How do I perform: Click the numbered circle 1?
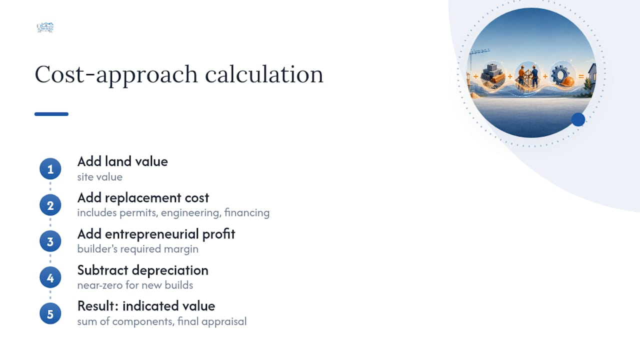pos(50,169)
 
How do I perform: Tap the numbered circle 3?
pos(50,241)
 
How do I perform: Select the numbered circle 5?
pos(50,313)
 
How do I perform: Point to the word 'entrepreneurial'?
pos(151,234)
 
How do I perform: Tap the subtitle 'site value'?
pos(99,177)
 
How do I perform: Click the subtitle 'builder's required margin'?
pos(137,249)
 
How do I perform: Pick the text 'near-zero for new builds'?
pos(135,285)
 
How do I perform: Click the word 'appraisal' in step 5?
pos(224,322)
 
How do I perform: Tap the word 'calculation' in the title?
pos(264,74)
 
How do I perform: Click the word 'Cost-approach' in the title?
pos(116,75)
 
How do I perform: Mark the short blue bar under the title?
pos(51,114)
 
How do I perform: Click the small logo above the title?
pos(45,27)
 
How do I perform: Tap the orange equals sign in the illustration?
pos(581,76)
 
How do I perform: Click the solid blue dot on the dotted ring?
pos(578,119)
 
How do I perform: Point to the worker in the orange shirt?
pos(521,75)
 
